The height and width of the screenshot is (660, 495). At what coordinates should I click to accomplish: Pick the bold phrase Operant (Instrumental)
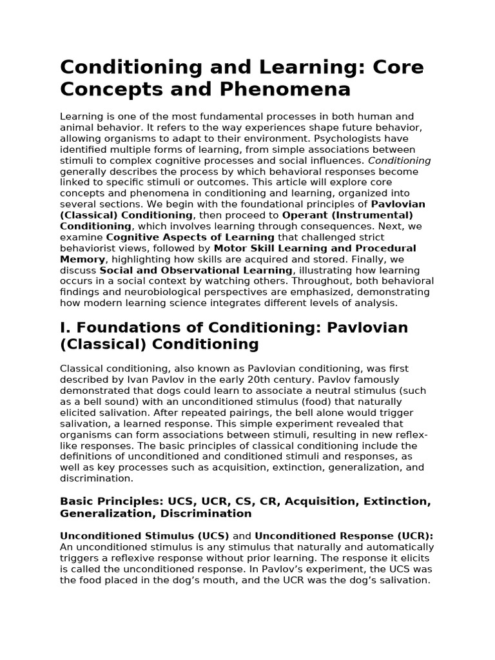coord(348,215)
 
